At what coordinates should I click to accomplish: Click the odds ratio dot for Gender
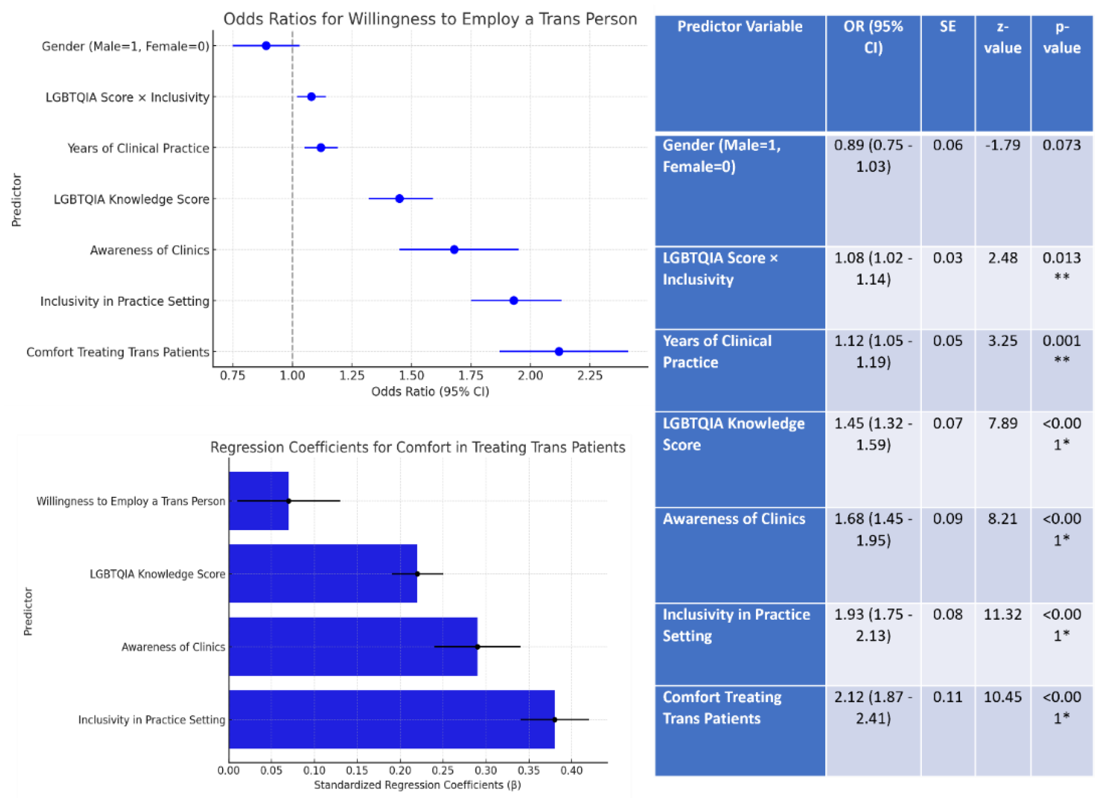pyautogui.click(x=266, y=46)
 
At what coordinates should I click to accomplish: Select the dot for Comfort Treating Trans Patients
pyautogui.click(x=559, y=351)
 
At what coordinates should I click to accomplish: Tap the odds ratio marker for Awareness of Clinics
pyautogui.click(x=454, y=249)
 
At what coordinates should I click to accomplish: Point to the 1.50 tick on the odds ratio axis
pyautogui.click(x=411, y=376)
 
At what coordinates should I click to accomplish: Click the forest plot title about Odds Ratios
pyautogui.click(x=430, y=19)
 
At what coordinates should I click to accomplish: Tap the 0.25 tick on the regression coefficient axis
pyautogui.click(x=443, y=770)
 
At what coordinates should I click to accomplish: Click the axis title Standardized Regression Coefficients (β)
pyautogui.click(x=417, y=785)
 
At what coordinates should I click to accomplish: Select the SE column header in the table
pyautogui.click(x=947, y=27)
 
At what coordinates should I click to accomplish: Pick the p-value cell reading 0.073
pyautogui.click(x=1061, y=146)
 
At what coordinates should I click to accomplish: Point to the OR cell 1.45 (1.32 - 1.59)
pyautogui.click(x=873, y=434)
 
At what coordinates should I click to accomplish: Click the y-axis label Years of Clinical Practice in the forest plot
pyautogui.click(x=138, y=148)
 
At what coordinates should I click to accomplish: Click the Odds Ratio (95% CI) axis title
pyautogui.click(x=430, y=391)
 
